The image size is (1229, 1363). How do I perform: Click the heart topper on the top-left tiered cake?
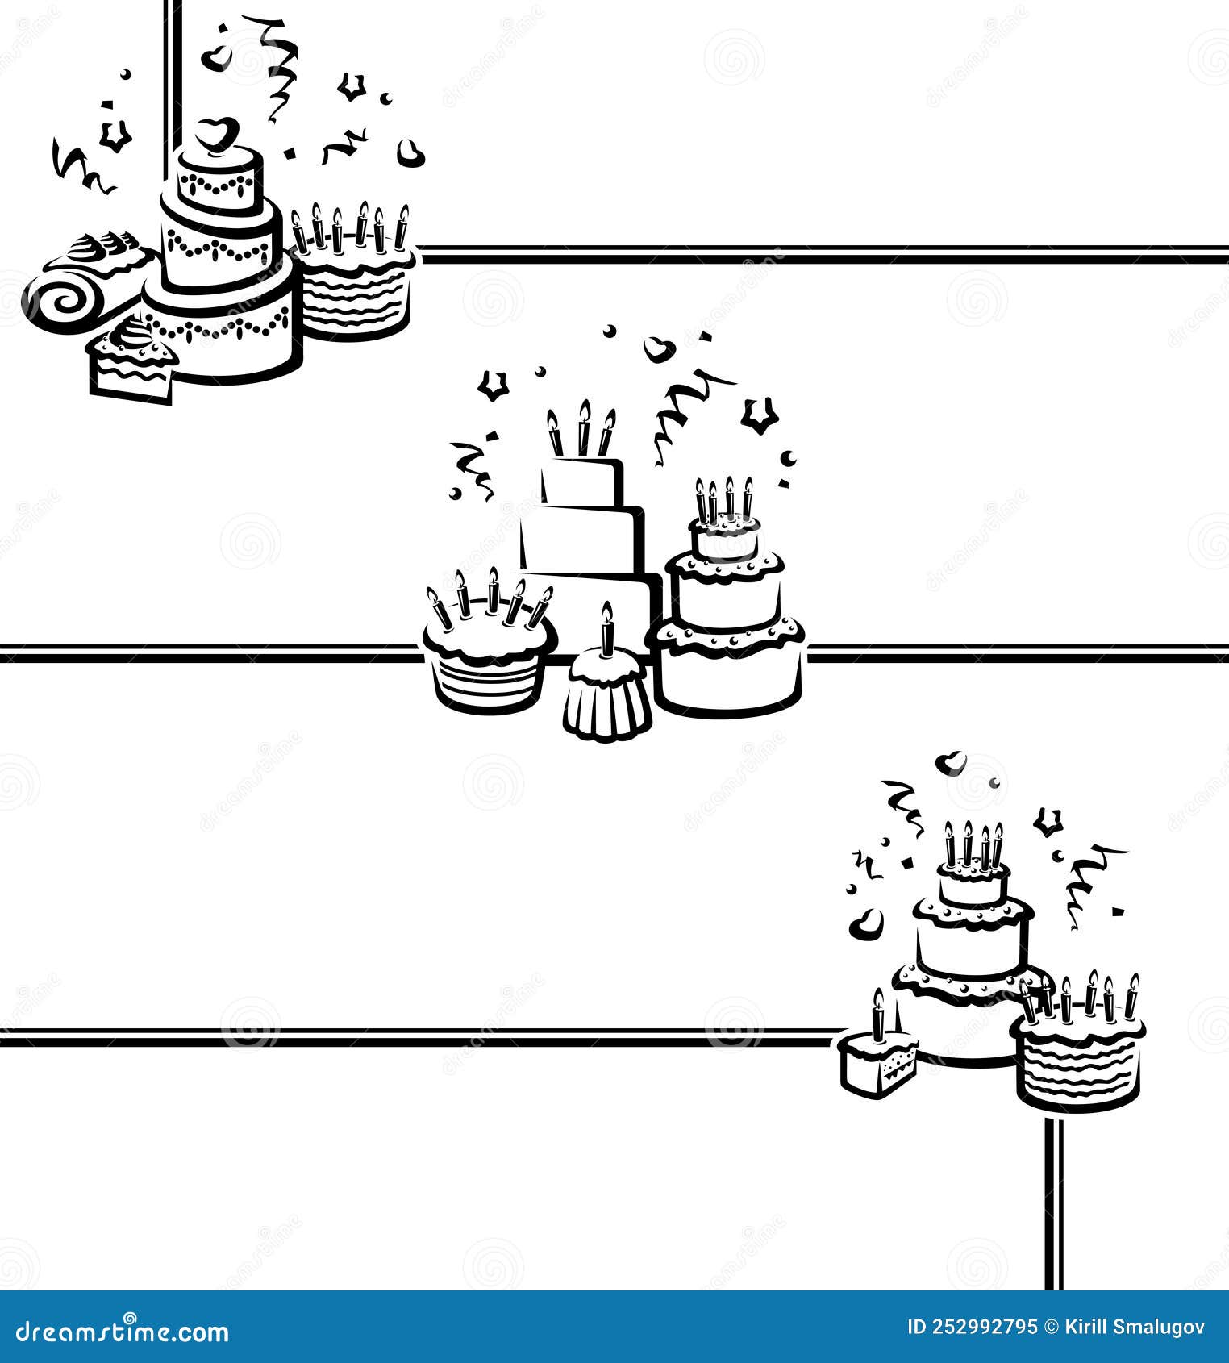[218, 134]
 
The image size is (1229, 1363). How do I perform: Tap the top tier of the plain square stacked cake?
[583, 481]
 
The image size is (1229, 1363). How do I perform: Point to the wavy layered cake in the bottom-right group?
[1079, 1063]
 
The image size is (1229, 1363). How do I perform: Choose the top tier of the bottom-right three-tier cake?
[973, 885]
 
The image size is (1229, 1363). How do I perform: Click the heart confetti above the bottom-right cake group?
[953, 761]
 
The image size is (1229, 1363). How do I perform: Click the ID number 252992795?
[973, 1327]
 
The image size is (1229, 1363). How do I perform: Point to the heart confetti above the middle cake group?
[659, 348]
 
